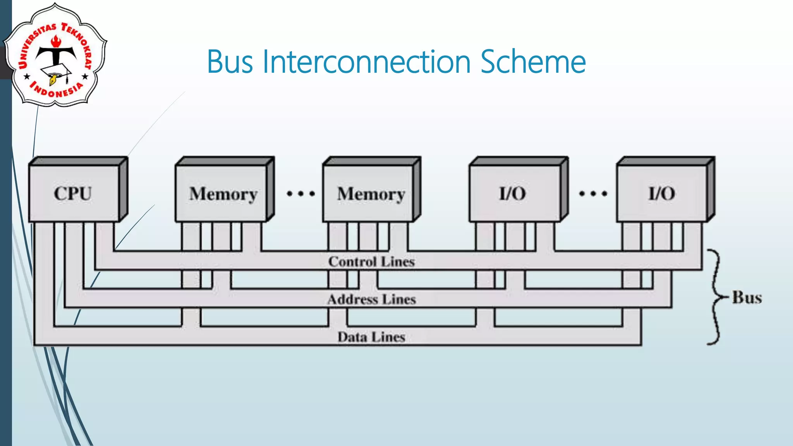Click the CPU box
click(x=74, y=193)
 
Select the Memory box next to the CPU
click(x=222, y=194)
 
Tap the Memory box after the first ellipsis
click(x=370, y=194)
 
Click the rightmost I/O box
click(x=661, y=193)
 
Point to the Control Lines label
click(x=371, y=262)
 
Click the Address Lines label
click(x=371, y=299)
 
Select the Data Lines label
click(x=371, y=337)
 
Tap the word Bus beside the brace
click(x=747, y=297)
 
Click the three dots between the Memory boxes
click(x=300, y=193)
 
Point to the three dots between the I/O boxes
click(x=593, y=193)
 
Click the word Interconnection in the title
click(x=367, y=62)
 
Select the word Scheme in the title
click(x=533, y=62)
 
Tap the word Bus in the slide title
click(x=230, y=62)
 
